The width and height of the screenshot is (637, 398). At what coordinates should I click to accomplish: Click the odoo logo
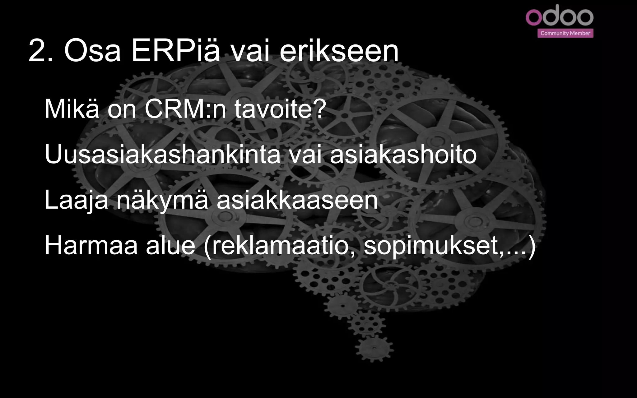point(559,16)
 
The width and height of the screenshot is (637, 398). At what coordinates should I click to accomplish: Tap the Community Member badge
point(565,33)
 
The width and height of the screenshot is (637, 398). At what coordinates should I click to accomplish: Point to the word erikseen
point(339,51)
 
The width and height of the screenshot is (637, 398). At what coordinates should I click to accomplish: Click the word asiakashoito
point(403,155)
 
